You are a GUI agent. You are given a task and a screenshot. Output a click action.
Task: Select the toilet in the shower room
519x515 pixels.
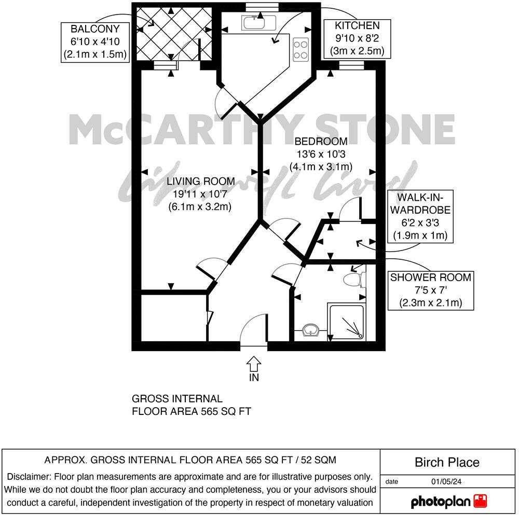coord(354,280)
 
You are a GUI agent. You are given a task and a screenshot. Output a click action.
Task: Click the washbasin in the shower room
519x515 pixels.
coord(311,329)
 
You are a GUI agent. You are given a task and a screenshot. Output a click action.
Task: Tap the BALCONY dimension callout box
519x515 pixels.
coord(94,42)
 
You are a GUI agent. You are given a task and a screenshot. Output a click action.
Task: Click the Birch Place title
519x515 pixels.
coord(447,462)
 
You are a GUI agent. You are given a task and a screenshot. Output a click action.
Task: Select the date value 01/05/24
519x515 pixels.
coord(446,482)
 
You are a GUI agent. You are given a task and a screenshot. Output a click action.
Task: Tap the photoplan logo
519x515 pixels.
coord(449,501)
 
